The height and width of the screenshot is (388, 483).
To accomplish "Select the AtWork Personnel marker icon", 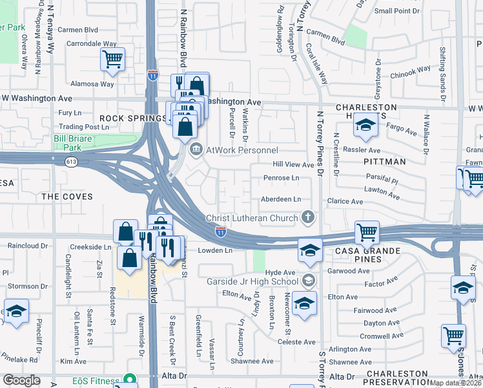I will click(195, 150).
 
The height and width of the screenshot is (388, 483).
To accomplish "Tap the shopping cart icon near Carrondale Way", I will click(113, 59).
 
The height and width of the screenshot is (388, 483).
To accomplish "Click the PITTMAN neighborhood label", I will click(384, 162).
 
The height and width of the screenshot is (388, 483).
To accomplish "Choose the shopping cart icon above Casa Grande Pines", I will click(367, 232).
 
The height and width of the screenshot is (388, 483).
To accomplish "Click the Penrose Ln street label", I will click(281, 178).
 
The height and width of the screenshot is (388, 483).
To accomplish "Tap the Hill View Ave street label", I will click(293, 165).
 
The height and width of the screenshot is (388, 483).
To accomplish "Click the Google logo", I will click(21, 380).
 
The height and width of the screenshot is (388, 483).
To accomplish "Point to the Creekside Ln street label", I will click(91, 247).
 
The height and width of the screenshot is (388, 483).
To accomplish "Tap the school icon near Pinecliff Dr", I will click(16, 310).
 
